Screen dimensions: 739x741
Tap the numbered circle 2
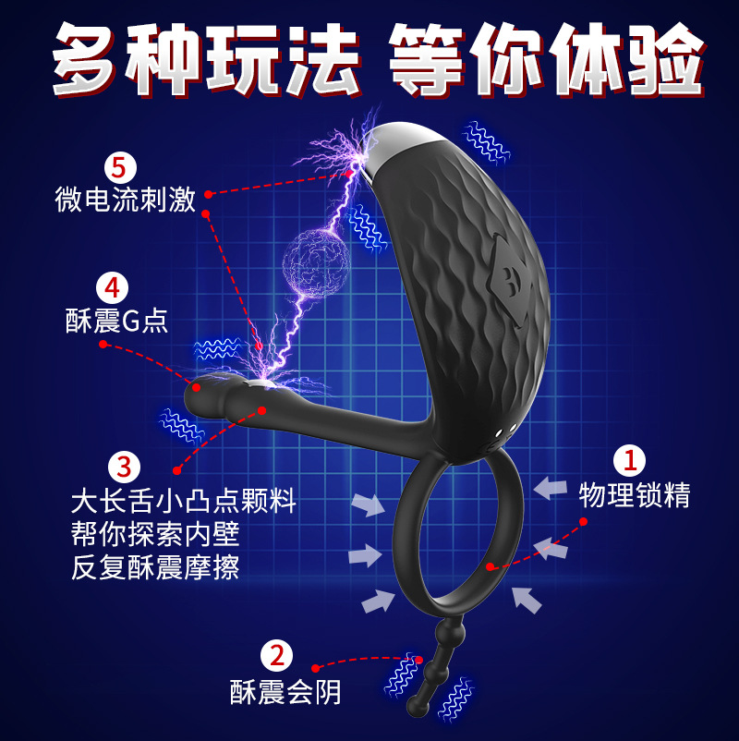coord(276,657)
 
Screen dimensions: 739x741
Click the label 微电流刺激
coord(126,200)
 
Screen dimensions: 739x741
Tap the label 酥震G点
coord(116,320)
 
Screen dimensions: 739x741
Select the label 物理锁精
coord(635,495)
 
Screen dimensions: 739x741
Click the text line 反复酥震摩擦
coord(156,566)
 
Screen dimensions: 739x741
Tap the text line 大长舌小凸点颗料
coord(183,502)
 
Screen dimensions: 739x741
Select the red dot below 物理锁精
coord(585,522)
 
